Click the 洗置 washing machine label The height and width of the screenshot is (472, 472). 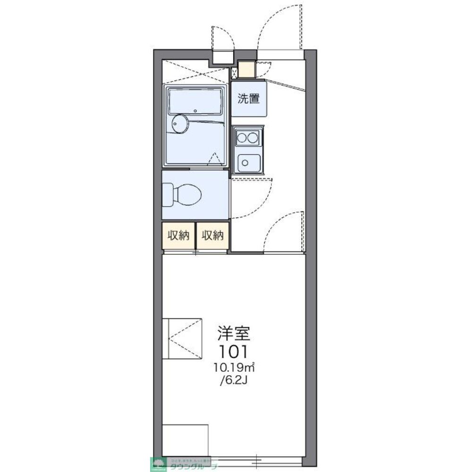click(248, 99)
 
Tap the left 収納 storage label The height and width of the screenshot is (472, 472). click(178, 236)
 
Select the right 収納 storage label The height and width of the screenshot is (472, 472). click(213, 236)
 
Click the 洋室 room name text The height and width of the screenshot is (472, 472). click(232, 334)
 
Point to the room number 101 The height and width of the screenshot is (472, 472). click(233, 352)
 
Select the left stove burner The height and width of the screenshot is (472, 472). click(242, 138)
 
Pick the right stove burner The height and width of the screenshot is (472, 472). click(253, 138)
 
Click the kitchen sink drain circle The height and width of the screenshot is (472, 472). click(245, 163)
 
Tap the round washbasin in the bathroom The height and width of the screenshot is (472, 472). click(178, 124)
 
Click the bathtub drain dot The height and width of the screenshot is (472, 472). click(195, 111)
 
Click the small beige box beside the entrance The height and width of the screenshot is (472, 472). click(247, 69)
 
